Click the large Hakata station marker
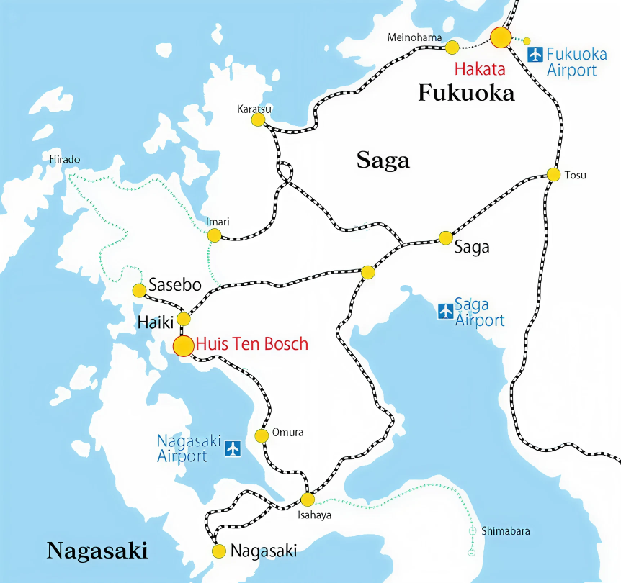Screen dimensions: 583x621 pyautogui.click(x=501, y=37)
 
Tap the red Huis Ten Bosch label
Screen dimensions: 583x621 pyautogui.click(x=252, y=344)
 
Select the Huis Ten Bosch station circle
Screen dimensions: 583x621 pyautogui.click(x=184, y=345)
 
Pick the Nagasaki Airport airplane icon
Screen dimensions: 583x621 pyautogui.click(x=232, y=448)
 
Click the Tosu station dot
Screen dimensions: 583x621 pyautogui.click(x=553, y=174)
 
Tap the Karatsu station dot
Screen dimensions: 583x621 pyautogui.click(x=258, y=119)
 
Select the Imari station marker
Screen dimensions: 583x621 pyautogui.click(x=214, y=235)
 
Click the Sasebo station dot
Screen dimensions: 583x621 pyautogui.click(x=140, y=291)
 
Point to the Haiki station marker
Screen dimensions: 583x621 pyautogui.click(x=184, y=319)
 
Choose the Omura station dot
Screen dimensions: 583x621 pyautogui.click(x=262, y=435)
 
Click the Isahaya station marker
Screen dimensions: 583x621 pyautogui.click(x=308, y=500)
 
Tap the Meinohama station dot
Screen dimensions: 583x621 pyautogui.click(x=452, y=48)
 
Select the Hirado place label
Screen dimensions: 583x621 pyautogui.click(x=65, y=159)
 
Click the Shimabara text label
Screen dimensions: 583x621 pyautogui.click(x=506, y=531)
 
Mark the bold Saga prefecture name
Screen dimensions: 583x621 pyautogui.click(x=383, y=161)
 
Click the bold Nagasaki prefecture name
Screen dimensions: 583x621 pyautogui.click(x=97, y=551)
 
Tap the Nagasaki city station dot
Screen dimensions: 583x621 pyautogui.click(x=219, y=551)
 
